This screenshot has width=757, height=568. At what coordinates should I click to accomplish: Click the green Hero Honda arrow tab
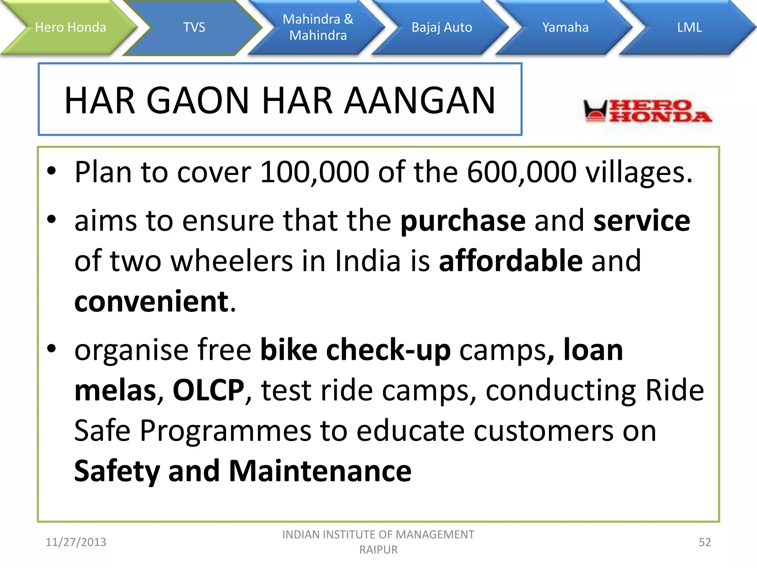[70, 27]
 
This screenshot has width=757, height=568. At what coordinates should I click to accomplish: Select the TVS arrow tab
[194, 27]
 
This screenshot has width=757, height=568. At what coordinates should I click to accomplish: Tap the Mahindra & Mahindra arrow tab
[318, 27]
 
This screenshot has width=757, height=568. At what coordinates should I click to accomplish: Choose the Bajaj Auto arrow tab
[442, 27]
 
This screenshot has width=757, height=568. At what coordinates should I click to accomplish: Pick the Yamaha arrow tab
[565, 27]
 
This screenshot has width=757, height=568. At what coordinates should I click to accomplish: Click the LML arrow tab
[689, 27]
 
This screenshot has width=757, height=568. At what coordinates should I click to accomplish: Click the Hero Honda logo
[647, 111]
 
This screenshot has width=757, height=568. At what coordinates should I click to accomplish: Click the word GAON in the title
[198, 101]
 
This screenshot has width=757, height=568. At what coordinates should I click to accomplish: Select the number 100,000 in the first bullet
[315, 172]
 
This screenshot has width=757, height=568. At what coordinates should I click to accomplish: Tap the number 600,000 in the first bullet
[522, 172]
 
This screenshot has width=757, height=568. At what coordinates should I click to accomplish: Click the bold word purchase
[463, 221]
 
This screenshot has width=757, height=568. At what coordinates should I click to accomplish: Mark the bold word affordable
[511, 261]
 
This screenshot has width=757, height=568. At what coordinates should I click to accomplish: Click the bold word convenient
[152, 301]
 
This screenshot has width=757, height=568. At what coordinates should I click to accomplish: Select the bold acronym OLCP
[208, 390]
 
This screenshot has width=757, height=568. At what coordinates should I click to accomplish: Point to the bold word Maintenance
[320, 471]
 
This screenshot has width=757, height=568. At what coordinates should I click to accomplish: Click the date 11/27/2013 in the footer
[76, 542]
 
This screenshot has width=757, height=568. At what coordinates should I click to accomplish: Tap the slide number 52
[705, 542]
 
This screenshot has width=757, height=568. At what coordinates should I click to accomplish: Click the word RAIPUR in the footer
[378, 550]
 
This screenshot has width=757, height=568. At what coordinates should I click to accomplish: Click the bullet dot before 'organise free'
[51, 348]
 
